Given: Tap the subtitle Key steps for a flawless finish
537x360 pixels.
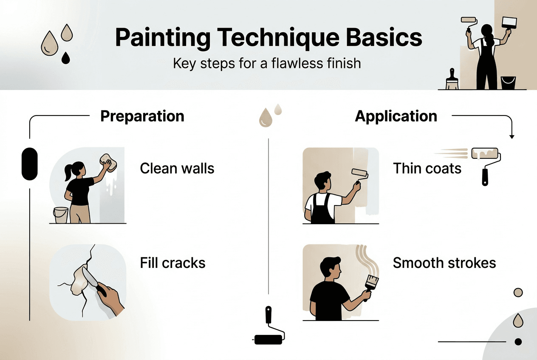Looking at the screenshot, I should [x=267, y=64].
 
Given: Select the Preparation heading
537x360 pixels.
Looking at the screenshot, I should [x=142, y=116].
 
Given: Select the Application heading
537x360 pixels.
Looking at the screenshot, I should [x=396, y=116].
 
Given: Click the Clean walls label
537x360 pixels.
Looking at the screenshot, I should [x=177, y=169].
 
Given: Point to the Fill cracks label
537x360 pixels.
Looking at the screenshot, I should [x=172, y=263].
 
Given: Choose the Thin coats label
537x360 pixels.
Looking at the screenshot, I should [x=427, y=169].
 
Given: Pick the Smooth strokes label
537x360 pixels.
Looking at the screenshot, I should [x=444, y=263].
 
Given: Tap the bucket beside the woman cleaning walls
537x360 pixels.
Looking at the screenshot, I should [x=61, y=215].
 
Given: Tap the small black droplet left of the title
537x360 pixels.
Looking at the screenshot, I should [x=65, y=58].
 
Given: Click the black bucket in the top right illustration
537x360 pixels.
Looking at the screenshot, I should [x=508, y=82].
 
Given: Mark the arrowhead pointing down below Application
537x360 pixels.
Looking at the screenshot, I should [x=512, y=136].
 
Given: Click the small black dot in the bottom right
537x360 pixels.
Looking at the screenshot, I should [x=518, y=341].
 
